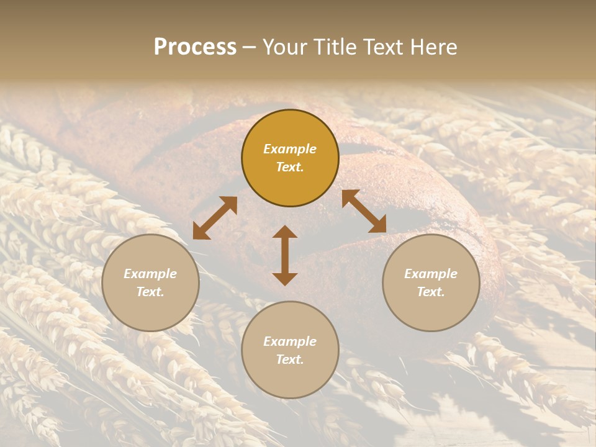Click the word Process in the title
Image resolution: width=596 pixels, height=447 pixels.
click(x=195, y=47)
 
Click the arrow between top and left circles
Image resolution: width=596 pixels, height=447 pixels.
click(x=215, y=218)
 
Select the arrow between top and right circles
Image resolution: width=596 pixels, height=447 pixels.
click(x=364, y=211)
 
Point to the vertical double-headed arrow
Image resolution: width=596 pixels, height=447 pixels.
click(x=285, y=255)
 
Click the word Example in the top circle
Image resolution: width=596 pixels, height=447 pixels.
click(x=290, y=149)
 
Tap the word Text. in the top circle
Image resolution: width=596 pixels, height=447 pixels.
click(x=290, y=167)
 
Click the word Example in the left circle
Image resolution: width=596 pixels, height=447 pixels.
click(x=150, y=274)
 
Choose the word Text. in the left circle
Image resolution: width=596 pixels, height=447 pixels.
click(x=150, y=292)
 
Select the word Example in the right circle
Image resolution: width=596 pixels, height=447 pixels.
click(x=431, y=274)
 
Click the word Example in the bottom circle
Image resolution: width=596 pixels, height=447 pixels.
click(x=290, y=341)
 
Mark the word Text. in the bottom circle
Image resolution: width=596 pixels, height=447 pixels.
click(x=290, y=359)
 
